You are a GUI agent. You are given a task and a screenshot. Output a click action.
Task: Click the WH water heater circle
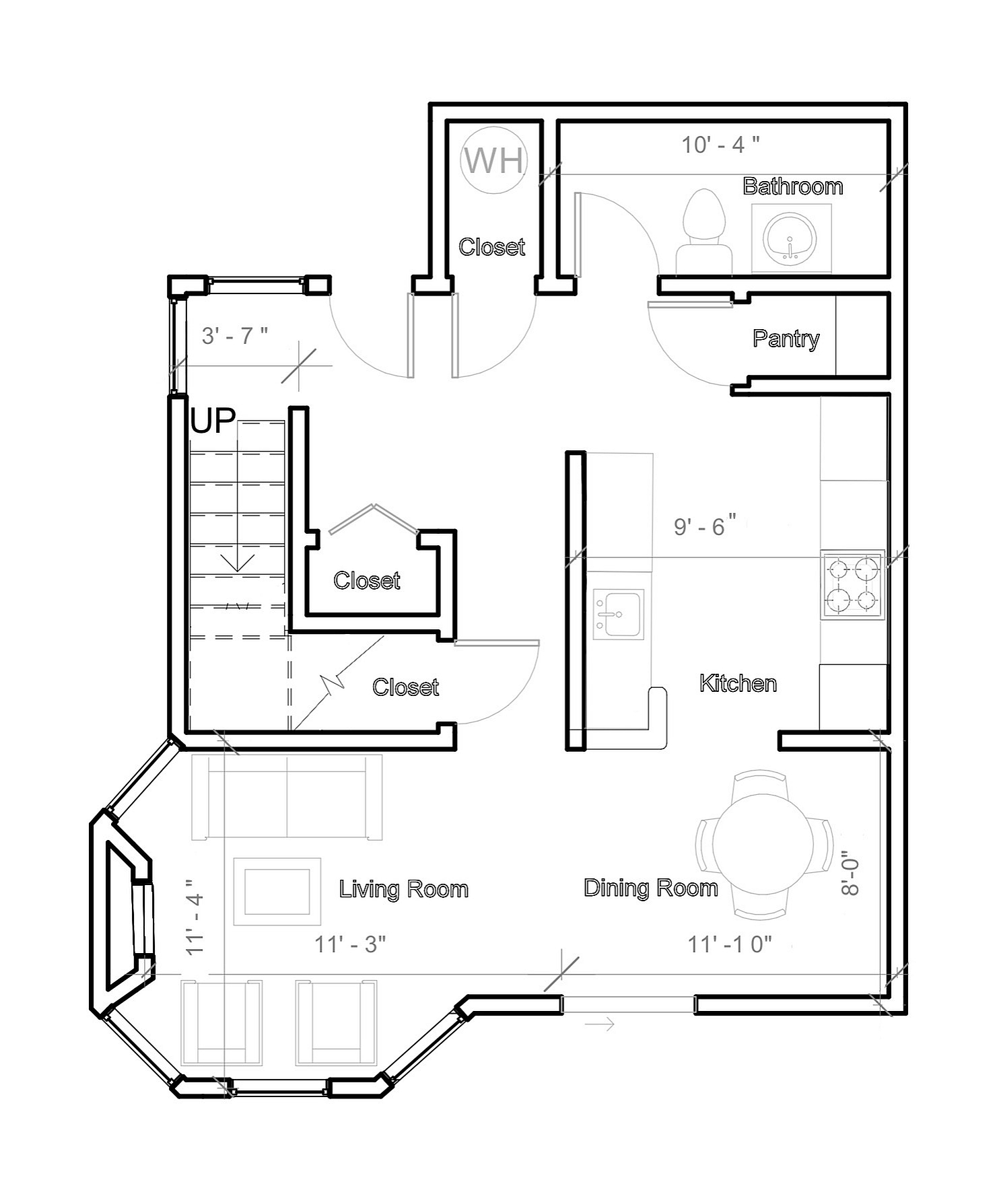tap(494, 160)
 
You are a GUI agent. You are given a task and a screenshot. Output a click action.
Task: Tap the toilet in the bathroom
tap(704, 231)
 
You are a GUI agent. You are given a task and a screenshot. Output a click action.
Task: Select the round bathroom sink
tap(790, 238)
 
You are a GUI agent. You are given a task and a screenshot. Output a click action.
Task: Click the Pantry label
tap(786, 338)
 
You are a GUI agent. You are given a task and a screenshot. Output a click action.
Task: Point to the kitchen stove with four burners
tap(852, 584)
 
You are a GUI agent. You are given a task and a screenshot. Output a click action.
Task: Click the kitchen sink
tap(618, 614)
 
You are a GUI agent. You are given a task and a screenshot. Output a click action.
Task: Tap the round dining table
tap(763, 844)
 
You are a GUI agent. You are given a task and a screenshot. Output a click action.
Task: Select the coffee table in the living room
tap(277, 891)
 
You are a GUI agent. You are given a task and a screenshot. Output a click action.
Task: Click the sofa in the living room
tap(287, 797)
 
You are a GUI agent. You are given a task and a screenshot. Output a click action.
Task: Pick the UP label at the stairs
tap(213, 421)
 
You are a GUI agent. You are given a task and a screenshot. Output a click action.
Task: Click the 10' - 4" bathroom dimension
tap(721, 144)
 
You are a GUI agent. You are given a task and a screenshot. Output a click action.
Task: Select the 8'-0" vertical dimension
tap(850, 875)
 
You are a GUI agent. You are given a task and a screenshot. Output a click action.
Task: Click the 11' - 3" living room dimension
tap(350, 944)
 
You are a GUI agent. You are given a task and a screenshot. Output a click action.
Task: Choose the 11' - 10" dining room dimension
tap(729, 944)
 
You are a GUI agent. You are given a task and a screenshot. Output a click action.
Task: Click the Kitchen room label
tap(738, 683)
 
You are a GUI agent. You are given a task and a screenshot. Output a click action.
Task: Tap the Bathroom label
tap(792, 186)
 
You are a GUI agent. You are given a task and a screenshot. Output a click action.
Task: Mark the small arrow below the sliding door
tap(599, 1025)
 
